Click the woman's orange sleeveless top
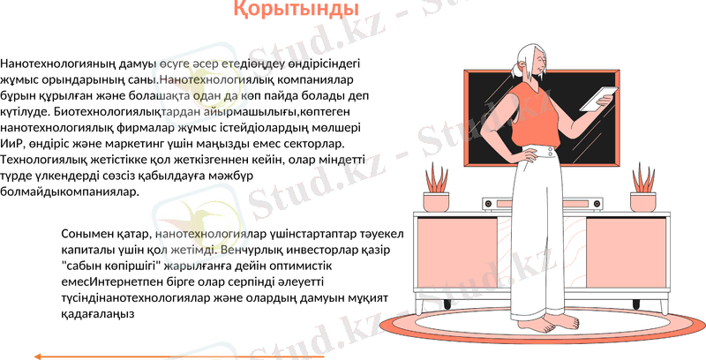coord(536,114)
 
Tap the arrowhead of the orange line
coord(38,356)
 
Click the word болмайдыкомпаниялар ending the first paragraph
coord(70,191)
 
